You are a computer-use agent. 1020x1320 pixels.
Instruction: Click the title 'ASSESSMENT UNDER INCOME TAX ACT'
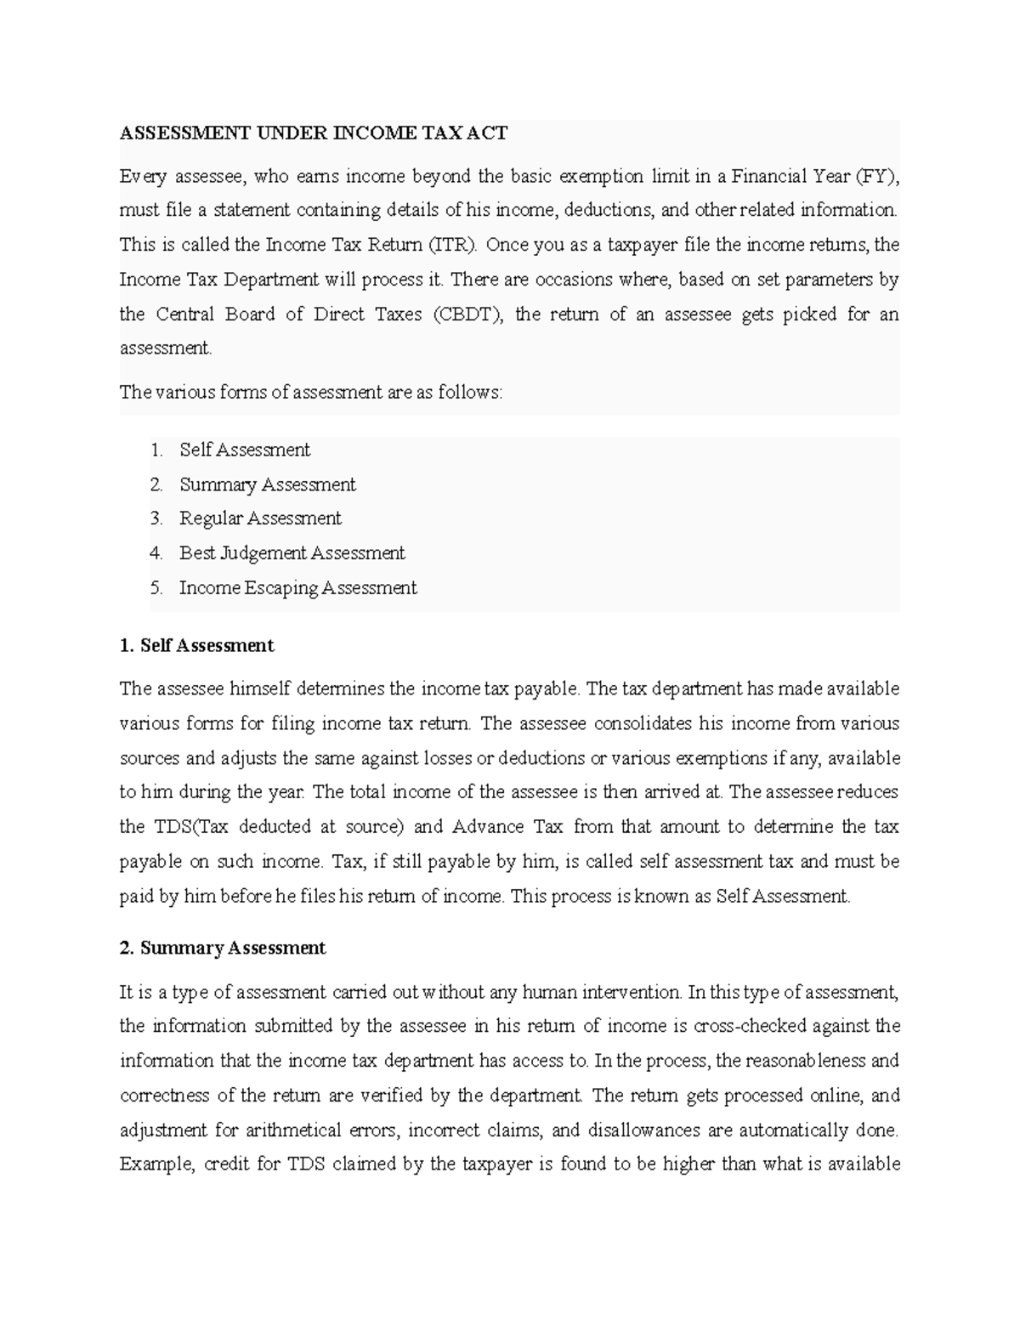[313, 133]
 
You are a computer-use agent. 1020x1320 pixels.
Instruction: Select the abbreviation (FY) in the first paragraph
[876, 177]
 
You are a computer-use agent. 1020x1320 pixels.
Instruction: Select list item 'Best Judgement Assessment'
[292, 553]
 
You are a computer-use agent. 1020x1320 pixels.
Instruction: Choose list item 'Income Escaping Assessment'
[297, 588]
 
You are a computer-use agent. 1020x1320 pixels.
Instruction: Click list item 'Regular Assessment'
[260, 518]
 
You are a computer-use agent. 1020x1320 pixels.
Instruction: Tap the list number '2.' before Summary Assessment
[156, 484]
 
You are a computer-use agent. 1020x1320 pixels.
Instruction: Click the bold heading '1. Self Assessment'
[196, 646]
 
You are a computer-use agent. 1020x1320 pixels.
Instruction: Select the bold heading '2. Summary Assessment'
[223, 948]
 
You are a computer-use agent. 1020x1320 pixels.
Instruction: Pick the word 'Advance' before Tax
[487, 827]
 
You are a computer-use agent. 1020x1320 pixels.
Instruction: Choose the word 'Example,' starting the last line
[156, 1164]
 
